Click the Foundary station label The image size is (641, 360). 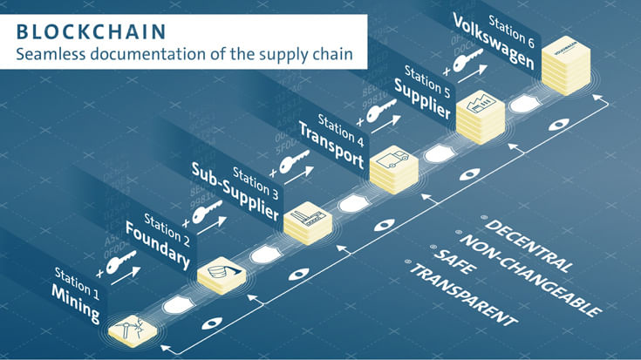tap(157, 248)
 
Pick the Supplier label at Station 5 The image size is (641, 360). tap(422, 98)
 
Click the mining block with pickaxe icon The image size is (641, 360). tap(133, 329)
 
